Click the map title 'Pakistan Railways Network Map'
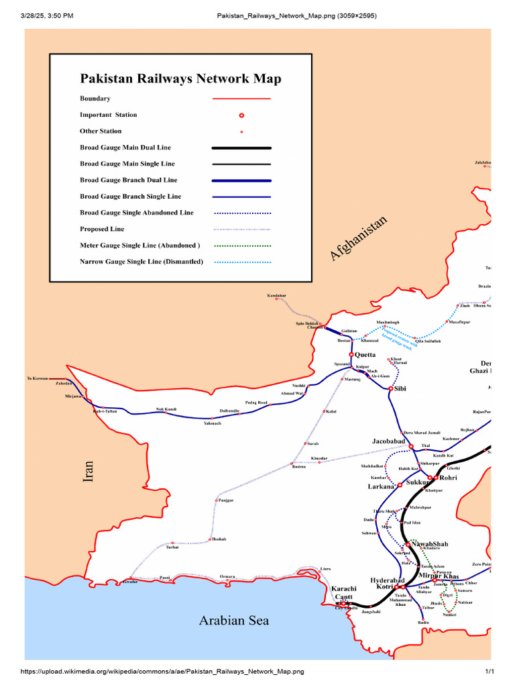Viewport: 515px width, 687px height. [x=180, y=79]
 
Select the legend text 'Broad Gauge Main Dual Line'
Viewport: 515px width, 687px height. [x=126, y=148]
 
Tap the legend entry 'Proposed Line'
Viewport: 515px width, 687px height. [x=102, y=229]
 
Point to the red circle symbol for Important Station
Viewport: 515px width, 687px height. [x=241, y=115]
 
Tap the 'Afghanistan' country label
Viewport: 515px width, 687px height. [x=359, y=238]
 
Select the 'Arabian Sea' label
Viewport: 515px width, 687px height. [x=233, y=621]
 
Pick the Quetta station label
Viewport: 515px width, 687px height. [x=365, y=355]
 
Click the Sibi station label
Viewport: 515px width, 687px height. [x=400, y=388]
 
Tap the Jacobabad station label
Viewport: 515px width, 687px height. [x=389, y=441]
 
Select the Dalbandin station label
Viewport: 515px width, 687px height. [x=229, y=411]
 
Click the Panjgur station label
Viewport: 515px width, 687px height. [x=225, y=500]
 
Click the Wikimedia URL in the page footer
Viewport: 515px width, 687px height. [x=163, y=671]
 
